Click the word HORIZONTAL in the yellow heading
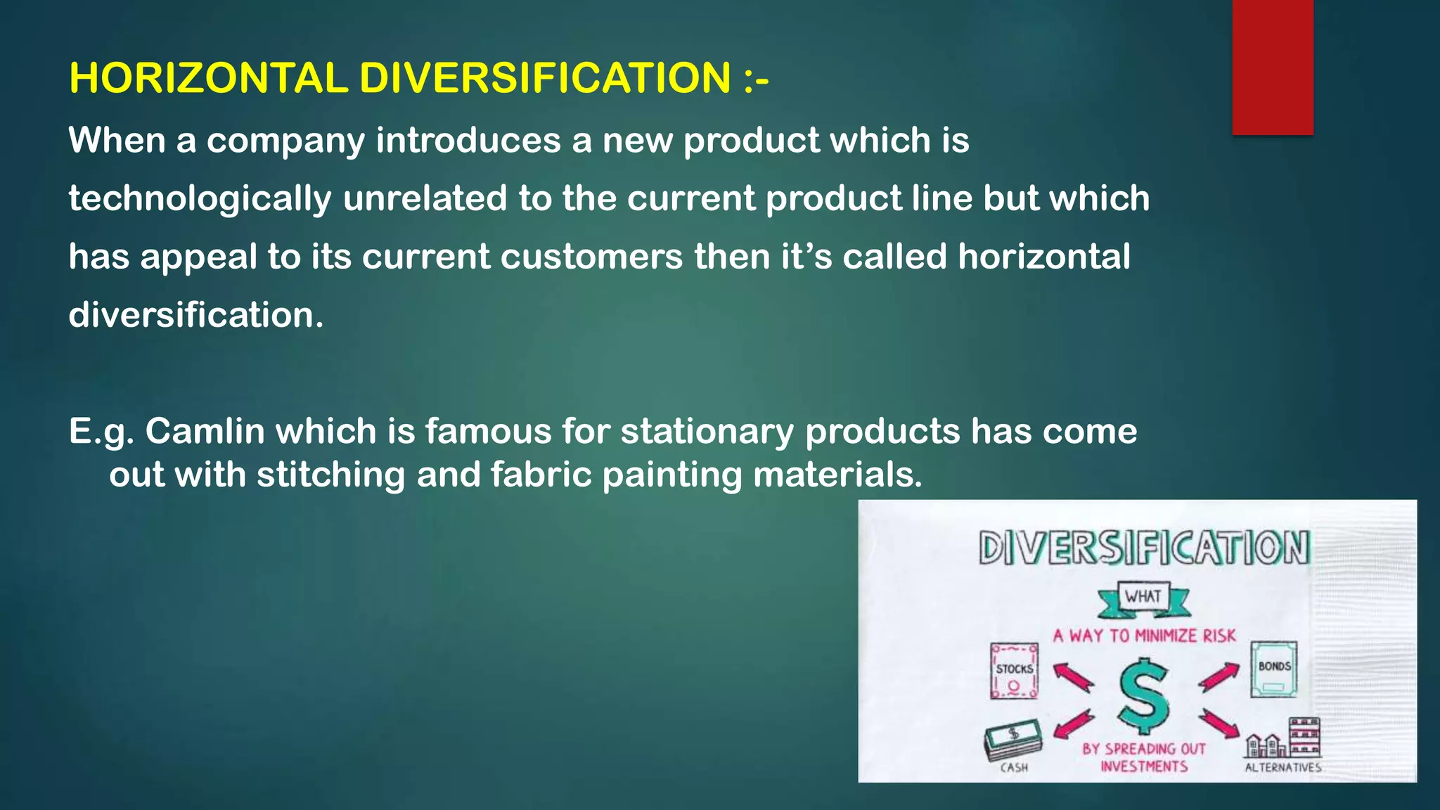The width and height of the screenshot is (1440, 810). (x=208, y=78)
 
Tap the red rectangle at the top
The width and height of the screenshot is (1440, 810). (x=1272, y=67)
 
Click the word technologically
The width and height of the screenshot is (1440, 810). (x=200, y=199)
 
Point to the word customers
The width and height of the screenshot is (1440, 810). (x=591, y=257)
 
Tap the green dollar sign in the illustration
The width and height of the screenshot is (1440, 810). (x=1144, y=695)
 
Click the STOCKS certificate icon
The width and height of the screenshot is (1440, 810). (x=1014, y=671)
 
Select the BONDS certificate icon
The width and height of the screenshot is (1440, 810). (x=1274, y=669)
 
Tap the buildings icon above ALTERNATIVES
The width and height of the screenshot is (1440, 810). (x=1283, y=738)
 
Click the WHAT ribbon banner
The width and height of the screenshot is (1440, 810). (x=1143, y=598)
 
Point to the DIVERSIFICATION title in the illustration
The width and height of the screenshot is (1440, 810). (x=1144, y=548)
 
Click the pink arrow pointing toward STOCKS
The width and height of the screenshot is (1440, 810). (x=1073, y=678)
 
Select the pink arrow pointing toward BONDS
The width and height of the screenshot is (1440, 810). (x=1219, y=677)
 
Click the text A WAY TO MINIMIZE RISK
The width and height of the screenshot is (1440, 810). (x=1144, y=636)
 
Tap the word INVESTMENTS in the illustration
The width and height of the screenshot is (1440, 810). (x=1144, y=766)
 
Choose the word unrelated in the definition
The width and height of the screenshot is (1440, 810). (x=425, y=199)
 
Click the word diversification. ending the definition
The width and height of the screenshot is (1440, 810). (x=196, y=315)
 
